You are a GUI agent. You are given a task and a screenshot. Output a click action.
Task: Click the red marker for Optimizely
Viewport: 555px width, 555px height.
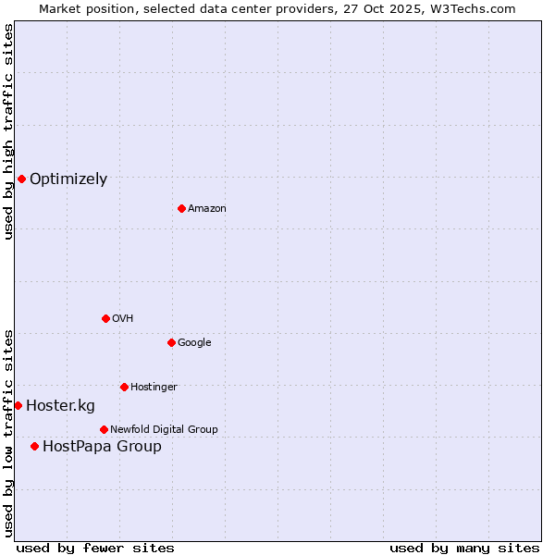pos(21,179)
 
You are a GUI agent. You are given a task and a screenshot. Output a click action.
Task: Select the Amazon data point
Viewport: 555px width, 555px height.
pos(181,208)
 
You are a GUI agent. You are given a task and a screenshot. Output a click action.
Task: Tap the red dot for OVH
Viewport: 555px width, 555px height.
pos(105,318)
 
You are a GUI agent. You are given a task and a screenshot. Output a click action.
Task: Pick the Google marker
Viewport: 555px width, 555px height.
pos(171,342)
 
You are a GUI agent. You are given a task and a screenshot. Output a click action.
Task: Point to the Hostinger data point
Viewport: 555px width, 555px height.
pos(124,387)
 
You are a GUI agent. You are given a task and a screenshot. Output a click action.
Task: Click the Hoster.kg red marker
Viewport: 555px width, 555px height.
pos(18,405)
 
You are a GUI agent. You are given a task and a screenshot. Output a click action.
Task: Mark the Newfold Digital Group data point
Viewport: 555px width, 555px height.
pos(104,429)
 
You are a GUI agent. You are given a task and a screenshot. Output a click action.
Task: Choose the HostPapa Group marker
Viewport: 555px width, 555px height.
pos(34,446)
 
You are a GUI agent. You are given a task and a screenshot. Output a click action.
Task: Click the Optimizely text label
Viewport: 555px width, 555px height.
pos(68,179)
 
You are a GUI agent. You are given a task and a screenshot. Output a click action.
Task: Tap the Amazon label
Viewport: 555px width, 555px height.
pos(206,209)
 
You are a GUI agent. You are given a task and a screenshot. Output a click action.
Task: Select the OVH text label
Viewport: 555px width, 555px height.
pos(122,319)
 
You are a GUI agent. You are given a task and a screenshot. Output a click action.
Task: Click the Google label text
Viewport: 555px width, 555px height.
pos(194,343)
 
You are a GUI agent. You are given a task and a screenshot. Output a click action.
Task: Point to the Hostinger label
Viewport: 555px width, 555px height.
pos(154,387)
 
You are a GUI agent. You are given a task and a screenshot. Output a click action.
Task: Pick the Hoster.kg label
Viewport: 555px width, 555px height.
pos(60,406)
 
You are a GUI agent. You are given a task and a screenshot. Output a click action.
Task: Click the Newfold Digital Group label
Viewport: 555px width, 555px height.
pos(164,429)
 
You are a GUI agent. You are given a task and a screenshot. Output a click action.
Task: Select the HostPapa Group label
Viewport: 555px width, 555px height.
pos(102,447)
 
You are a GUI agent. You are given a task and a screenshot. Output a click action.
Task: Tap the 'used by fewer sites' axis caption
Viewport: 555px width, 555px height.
pos(95,548)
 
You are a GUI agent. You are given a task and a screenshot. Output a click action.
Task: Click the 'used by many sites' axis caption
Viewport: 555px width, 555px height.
pos(464,548)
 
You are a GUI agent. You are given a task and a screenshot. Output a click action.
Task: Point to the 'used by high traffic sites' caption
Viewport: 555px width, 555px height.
pos(8,131)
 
